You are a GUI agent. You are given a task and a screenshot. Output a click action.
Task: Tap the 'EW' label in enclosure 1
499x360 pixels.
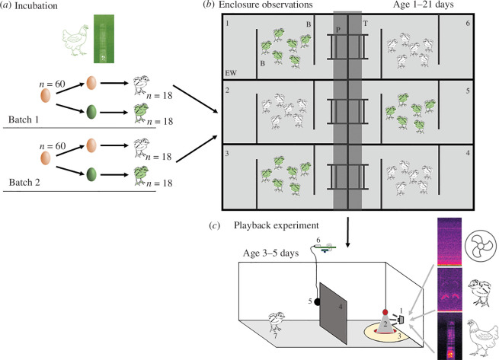(x=231, y=73)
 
